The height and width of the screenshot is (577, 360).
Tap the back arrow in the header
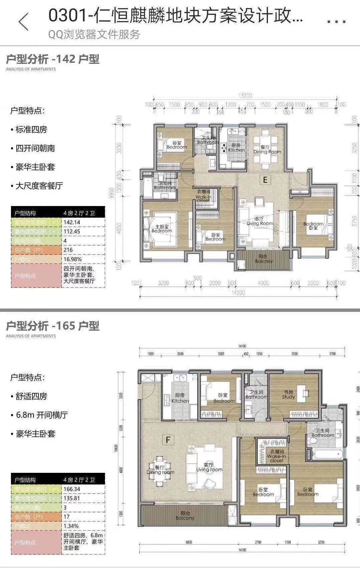tap(24, 22)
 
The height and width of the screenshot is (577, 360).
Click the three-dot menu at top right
tap(336, 22)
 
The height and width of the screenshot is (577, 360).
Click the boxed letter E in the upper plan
tap(265, 180)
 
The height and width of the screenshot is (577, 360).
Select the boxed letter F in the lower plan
tap(168, 440)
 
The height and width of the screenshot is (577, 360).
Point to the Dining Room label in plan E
tap(267, 149)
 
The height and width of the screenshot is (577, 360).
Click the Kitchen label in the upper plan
tap(236, 148)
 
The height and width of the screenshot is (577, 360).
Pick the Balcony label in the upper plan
tap(263, 259)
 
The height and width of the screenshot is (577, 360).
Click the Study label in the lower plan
tap(288, 395)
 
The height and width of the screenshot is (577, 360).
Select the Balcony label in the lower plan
tap(185, 516)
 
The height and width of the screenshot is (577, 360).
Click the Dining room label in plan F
tap(160, 470)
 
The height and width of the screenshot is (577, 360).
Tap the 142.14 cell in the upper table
tap(72, 222)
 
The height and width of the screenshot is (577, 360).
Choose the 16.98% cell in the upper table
tap(72, 259)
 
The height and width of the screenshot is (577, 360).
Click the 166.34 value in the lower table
tap(72, 489)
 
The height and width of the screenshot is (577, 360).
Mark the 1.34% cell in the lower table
tap(71, 526)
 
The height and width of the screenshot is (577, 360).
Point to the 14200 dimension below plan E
tap(238, 293)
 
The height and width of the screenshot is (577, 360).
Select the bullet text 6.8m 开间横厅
tap(42, 415)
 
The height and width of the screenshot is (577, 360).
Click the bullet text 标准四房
tap(31, 130)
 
